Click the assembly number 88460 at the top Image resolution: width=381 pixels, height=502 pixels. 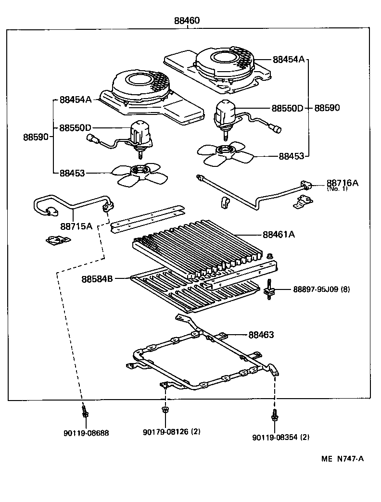(187, 21)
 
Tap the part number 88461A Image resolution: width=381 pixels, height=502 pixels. (279, 235)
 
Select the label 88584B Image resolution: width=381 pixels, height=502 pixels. (97, 278)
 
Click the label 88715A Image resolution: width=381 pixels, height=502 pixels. (76, 226)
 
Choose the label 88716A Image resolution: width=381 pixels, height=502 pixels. (343, 183)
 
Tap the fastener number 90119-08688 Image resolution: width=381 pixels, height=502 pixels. (86, 433)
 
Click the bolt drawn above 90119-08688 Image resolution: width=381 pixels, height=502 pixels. (84, 412)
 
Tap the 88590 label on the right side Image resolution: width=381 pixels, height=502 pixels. (327, 108)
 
